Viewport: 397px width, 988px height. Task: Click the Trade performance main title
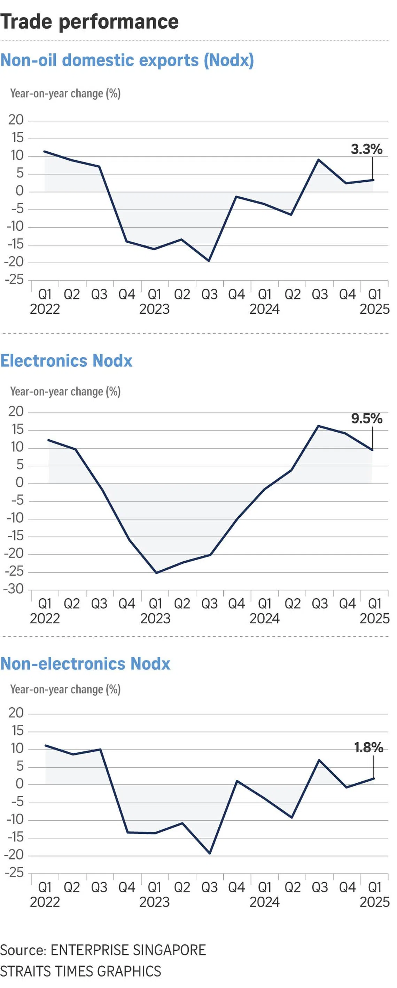tap(89, 22)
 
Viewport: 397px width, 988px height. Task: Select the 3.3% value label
tap(366, 149)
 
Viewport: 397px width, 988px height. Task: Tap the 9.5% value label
tap(366, 418)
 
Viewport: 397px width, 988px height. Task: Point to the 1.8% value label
tap(368, 747)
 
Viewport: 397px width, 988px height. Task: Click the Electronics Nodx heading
tap(66, 361)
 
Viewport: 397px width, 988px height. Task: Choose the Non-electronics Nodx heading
tap(85, 664)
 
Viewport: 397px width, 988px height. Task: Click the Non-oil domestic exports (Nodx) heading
tap(127, 60)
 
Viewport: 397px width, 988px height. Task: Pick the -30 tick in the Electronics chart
tap(14, 589)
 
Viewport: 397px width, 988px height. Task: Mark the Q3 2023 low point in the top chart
tap(209, 261)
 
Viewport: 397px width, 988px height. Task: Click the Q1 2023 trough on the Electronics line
tap(156, 573)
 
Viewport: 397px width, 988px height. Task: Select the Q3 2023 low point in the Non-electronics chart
tap(210, 853)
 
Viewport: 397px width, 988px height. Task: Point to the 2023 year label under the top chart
tap(154, 309)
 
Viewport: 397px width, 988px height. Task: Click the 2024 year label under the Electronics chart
tap(264, 619)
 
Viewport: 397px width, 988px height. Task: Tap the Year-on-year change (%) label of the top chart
tap(65, 93)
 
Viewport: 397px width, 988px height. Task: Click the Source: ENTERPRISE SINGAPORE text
tap(103, 950)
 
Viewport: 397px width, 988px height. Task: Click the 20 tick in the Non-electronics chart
tap(16, 713)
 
